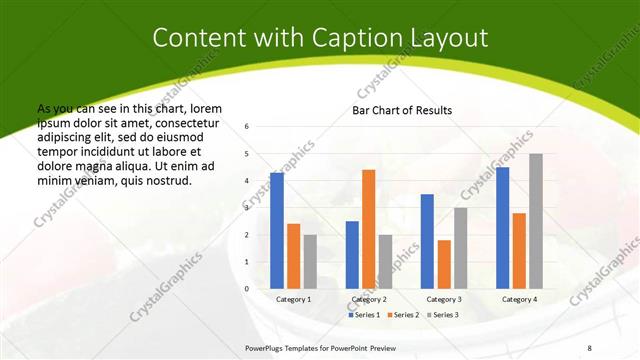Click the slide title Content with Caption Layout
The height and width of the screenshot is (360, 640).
320,38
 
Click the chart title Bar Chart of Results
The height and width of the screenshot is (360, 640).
402,110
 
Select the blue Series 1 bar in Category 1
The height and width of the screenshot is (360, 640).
277,230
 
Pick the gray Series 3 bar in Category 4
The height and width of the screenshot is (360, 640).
536,221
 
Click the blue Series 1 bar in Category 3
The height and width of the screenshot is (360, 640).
427,241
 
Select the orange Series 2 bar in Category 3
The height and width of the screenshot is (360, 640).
444,264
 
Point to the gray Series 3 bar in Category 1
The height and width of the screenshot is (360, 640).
310,261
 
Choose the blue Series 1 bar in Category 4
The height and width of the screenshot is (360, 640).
502,227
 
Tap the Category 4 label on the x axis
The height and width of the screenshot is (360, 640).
519,299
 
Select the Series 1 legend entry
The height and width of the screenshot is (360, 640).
364,315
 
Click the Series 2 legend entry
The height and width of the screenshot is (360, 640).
403,315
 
